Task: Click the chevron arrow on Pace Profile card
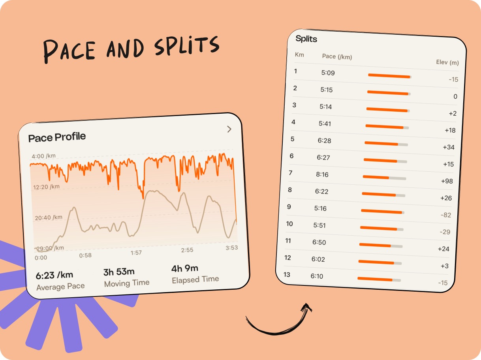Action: [229, 129]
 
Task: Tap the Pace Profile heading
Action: [57, 137]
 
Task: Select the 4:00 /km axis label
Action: [43, 156]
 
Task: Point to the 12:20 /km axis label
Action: [46, 187]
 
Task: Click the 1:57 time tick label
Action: [136, 253]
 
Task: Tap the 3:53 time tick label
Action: [232, 247]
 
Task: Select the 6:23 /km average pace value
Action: [54, 275]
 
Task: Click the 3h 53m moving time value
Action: [119, 272]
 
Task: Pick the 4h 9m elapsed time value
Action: [185, 268]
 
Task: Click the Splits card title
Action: [306, 39]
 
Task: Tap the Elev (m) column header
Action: [447, 62]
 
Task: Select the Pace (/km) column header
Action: [337, 56]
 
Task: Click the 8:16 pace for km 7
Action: [322, 174]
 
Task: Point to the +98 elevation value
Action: [447, 181]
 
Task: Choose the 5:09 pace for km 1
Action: [328, 73]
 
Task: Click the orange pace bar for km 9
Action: [381, 211]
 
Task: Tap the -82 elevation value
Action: [446, 215]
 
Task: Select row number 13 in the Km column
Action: [287, 275]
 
